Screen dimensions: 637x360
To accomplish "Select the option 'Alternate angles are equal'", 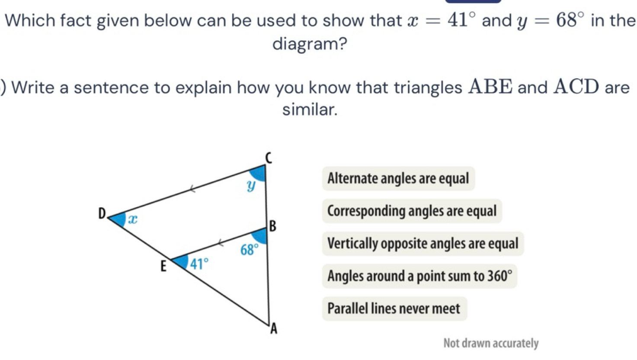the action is pyautogui.click(x=398, y=179).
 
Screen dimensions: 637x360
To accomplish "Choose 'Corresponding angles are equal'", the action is pyautogui.click(x=412, y=211).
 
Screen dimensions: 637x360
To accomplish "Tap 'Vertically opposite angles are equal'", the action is pyautogui.click(x=423, y=244).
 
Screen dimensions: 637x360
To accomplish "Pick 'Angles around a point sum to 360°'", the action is pyautogui.click(x=419, y=276).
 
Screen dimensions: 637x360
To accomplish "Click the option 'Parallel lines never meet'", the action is pyautogui.click(x=394, y=309).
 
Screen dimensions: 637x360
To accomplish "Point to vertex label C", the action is pyautogui.click(x=269, y=158).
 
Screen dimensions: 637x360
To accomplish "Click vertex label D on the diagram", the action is pyautogui.click(x=102, y=213).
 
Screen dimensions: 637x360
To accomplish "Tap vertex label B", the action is pyautogui.click(x=272, y=226).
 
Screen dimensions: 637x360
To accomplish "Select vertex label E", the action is pyautogui.click(x=163, y=267).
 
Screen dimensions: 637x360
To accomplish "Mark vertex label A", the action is pyautogui.click(x=274, y=329).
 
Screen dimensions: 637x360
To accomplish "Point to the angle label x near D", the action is pyautogui.click(x=133, y=219).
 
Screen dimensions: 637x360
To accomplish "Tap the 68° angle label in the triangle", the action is pyautogui.click(x=250, y=250).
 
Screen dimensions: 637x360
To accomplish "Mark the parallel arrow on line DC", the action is pyautogui.click(x=192, y=189).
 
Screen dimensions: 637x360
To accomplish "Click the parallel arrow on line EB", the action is pyautogui.click(x=221, y=243).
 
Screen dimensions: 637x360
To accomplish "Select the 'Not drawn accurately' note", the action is pyautogui.click(x=491, y=343).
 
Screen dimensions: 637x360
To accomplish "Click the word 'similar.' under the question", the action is pyautogui.click(x=310, y=109).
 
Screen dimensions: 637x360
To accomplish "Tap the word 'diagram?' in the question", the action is pyautogui.click(x=310, y=44).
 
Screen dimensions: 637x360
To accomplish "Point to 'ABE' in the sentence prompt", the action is pyautogui.click(x=491, y=87).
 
